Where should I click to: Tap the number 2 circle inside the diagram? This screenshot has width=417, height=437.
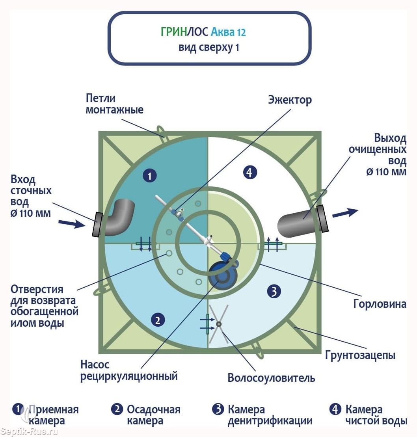point(158,320)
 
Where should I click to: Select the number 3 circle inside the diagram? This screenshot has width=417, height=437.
point(274,292)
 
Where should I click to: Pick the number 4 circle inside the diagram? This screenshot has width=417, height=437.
point(250,172)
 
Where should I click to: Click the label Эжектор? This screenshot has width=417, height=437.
point(290,100)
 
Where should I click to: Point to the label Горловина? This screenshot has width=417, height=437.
point(380,304)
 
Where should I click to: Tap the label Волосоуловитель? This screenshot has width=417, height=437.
point(272,378)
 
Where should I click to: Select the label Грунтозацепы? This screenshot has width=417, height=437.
point(360,355)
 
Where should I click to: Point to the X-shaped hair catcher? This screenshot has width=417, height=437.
point(218,324)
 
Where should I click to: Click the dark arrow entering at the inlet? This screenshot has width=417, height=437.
point(71,224)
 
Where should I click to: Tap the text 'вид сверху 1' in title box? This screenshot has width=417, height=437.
point(209,47)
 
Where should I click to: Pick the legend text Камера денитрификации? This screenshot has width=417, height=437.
point(270,415)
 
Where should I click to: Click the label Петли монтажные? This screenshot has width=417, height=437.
point(114,104)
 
